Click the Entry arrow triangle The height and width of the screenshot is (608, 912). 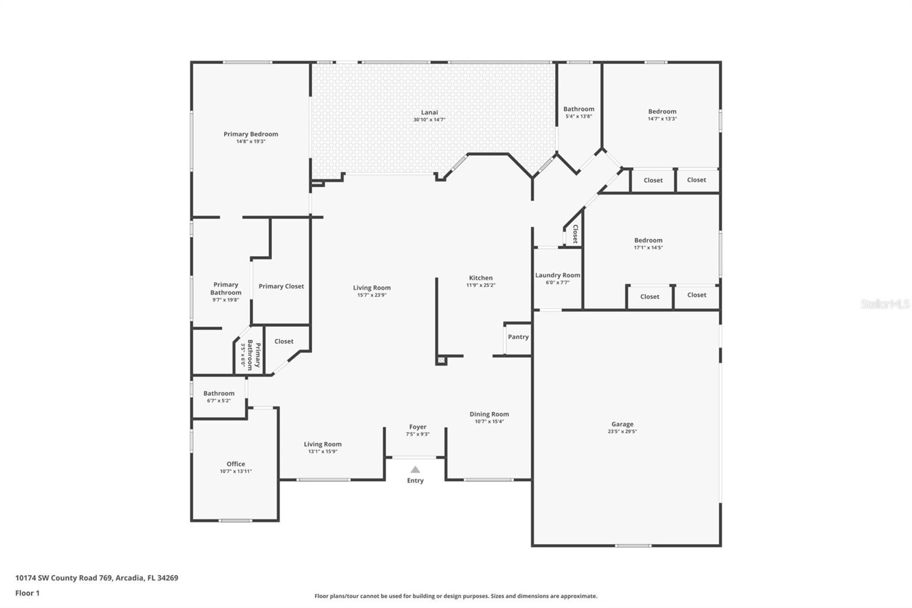[x=415, y=470]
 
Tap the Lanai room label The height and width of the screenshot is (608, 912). [x=429, y=112]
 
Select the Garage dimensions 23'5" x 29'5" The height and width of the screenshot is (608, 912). [x=622, y=432]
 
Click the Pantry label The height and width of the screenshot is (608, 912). [x=518, y=337]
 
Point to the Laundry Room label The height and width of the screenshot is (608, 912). [x=557, y=275]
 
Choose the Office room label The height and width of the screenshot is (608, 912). [x=235, y=464]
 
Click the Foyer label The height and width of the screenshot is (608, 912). [x=417, y=427]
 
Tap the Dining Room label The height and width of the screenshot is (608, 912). [x=489, y=414]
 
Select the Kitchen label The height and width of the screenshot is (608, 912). [x=481, y=278]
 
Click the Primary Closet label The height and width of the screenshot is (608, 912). [x=281, y=286]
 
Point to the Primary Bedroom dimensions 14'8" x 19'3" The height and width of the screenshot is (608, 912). [x=251, y=141]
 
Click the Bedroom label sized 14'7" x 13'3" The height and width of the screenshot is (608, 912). [x=662, y=112]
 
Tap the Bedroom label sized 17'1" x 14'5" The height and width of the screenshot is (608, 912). [x=648, y=240]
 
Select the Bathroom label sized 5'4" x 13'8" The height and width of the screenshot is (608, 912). [x=579, y=109]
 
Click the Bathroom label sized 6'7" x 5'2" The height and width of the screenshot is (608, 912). [x=219, y=393]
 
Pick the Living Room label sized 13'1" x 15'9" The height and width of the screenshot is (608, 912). [x=323, y=444]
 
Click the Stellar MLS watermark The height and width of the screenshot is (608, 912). [x=885, y=305]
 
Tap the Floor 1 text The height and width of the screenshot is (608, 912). [x=27, y=593]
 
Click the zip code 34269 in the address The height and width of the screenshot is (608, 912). [x=168, y=578]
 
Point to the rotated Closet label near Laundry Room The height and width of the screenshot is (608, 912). [x=575, y=234]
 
